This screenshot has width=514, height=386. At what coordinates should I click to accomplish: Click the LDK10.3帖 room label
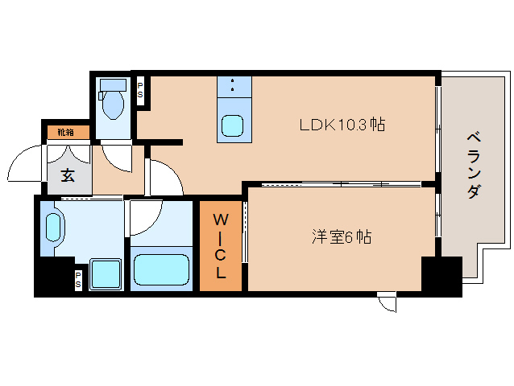[342, 125]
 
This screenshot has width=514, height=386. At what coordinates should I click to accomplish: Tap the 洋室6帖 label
[342, 236]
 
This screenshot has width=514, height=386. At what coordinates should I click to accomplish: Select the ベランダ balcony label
[474, 165]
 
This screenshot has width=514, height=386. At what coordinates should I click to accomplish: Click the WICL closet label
[220, 246]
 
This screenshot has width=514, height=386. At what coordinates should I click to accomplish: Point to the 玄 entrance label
[68, 175]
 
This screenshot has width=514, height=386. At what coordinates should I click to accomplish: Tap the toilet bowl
[113, 105]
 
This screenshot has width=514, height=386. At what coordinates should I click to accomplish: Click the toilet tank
[113, 85]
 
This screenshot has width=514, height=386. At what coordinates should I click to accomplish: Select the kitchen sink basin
[232, 125]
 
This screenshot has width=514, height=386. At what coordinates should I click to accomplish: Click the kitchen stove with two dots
[234, 87]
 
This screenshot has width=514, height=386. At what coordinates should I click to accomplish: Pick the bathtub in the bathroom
[161, 269]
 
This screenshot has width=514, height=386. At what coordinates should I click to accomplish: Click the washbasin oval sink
[53, 228]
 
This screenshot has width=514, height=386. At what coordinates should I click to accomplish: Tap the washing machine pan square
[106, 274]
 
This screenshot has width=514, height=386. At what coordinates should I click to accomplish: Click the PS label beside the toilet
[140, 90]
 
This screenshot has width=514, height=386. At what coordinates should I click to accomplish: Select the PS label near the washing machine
[78, 280]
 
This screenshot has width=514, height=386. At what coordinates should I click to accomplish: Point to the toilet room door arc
[112, 163]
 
